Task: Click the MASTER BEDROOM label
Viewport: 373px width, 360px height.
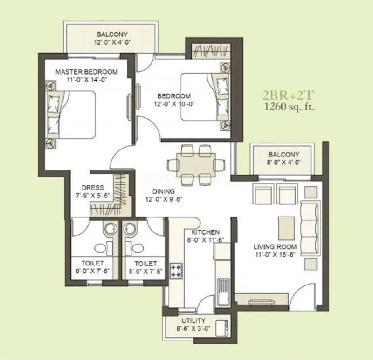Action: [86, 72]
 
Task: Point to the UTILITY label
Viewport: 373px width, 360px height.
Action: [193, 321]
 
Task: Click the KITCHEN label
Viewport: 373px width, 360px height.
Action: [206, 232]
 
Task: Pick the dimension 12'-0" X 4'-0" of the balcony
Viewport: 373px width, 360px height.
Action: [112, 42]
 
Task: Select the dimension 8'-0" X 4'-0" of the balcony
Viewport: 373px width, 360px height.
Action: [283, 163]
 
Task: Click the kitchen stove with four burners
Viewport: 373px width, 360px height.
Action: [177, 271]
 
